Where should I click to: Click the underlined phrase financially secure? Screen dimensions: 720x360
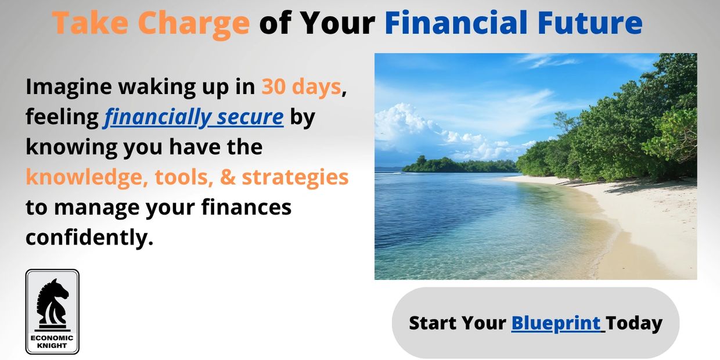click(x=193, y=117)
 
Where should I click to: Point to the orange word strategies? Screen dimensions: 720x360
click(x=295, y=178)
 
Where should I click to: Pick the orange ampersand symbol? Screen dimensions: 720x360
click(x=228, y=177)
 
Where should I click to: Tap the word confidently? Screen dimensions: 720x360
click(x=89, y=238)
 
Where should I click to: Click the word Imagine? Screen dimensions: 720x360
click(x=69, y=88)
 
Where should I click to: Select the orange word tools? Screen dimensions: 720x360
click(x=184, y=178)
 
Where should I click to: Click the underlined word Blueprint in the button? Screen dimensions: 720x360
click(x=556, y=323)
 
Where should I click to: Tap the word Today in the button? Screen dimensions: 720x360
click(x=634, y=323)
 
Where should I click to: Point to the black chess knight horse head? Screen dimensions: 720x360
click(x=52, y=301)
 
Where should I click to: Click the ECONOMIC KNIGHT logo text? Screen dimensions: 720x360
click(x=52, y=341)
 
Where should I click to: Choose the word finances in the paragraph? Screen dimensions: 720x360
click(x=246, y=207)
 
